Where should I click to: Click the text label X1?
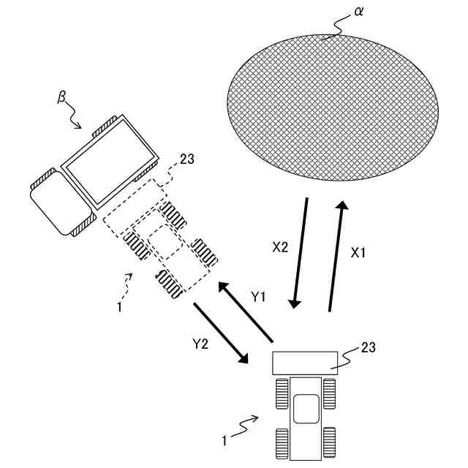pos(358,252)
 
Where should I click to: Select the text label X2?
pos(280,247)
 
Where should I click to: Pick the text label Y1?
pos(259,297)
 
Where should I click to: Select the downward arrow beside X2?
pos(300,252)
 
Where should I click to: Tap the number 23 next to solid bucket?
pos(369,348)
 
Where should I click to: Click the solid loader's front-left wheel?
pos(282,394)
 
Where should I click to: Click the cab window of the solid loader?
pos(306,408)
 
